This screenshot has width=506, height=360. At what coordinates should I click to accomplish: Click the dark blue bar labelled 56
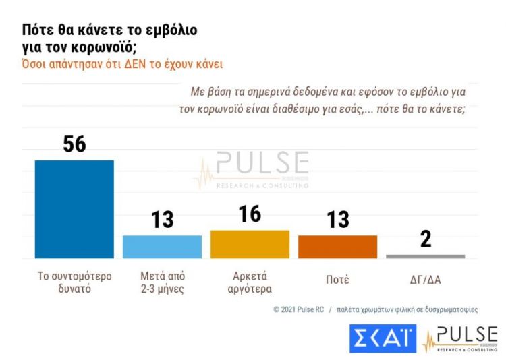coord(74,209)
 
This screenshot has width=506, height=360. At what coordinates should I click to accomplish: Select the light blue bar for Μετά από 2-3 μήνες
coord(162,247)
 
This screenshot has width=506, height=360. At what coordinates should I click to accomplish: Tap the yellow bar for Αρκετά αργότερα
coord(250,244)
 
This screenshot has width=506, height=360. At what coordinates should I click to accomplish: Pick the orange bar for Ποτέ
coord(337,247)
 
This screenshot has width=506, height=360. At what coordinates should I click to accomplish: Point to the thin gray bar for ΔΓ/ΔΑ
coord(425,256)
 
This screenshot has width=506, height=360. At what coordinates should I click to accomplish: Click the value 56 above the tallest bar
coord(74,143)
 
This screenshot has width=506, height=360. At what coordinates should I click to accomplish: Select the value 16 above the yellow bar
coord(250,214)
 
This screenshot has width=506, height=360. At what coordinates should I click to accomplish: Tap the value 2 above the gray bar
coord(425,239)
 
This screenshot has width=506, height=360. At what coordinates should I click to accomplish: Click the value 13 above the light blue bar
coord(162,220)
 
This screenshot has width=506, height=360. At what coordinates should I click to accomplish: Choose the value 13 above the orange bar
coord(337,220)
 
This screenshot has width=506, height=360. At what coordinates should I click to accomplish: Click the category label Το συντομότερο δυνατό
coord(74,283)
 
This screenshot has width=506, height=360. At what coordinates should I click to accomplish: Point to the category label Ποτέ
coord(337,278)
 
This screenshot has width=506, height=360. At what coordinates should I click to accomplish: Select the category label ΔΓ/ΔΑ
coord(425,278)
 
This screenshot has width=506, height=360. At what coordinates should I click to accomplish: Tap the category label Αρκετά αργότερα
coord(250,283)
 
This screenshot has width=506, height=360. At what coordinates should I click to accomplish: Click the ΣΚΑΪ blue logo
coord(383,338)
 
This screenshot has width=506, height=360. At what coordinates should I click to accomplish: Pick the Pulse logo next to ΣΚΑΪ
coord(460,338)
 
